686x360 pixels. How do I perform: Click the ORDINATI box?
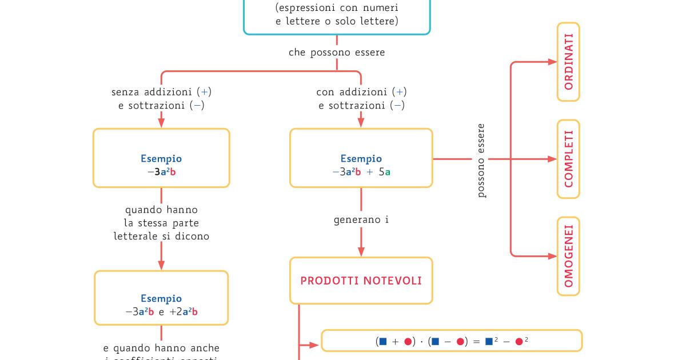tap(568, 62)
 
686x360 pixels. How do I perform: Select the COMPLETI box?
tap(568, 159)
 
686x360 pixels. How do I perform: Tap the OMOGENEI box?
tap(568, 256)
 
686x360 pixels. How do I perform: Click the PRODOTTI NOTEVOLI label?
tap(361, 281)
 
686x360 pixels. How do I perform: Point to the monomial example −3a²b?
tap(161, 171)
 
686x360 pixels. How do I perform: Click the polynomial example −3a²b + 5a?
tap(361, 171)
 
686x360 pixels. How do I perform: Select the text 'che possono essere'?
tap(337, 53)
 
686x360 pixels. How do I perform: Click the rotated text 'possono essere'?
tap(481, 161)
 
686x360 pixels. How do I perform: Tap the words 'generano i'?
tap(361, 219)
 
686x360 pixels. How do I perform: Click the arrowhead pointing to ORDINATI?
tap(552, 62)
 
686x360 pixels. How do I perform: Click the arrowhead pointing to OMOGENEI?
tap(552, 256)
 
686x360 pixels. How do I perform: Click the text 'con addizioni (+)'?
tap(361, 91)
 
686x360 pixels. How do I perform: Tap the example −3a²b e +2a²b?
tap(161, 312)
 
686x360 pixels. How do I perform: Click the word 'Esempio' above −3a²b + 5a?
tap(361, 159)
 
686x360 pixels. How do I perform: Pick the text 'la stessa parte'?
tap(161, 223)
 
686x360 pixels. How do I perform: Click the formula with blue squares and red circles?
tap(452, 341)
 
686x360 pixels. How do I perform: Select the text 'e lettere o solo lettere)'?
tap(337, 21)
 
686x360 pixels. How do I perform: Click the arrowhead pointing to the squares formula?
tap(314, 345)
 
